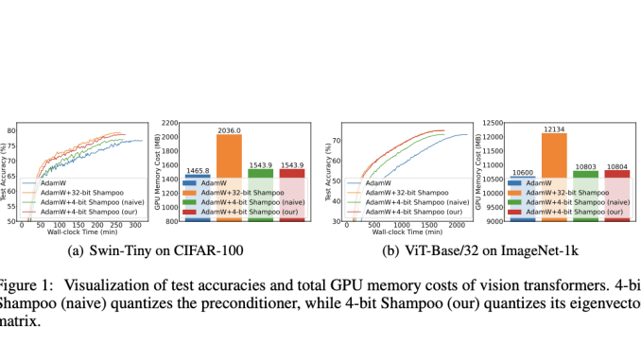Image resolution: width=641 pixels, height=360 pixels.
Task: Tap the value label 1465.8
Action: point(197,169)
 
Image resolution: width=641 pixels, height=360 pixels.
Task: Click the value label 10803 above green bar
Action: point(586,165)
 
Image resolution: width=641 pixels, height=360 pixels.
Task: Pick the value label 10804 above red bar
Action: point(618,165)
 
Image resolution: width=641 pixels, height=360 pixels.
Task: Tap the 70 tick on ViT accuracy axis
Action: point(337,140)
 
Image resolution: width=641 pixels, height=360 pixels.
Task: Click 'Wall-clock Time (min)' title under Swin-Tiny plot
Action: point(88,234)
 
